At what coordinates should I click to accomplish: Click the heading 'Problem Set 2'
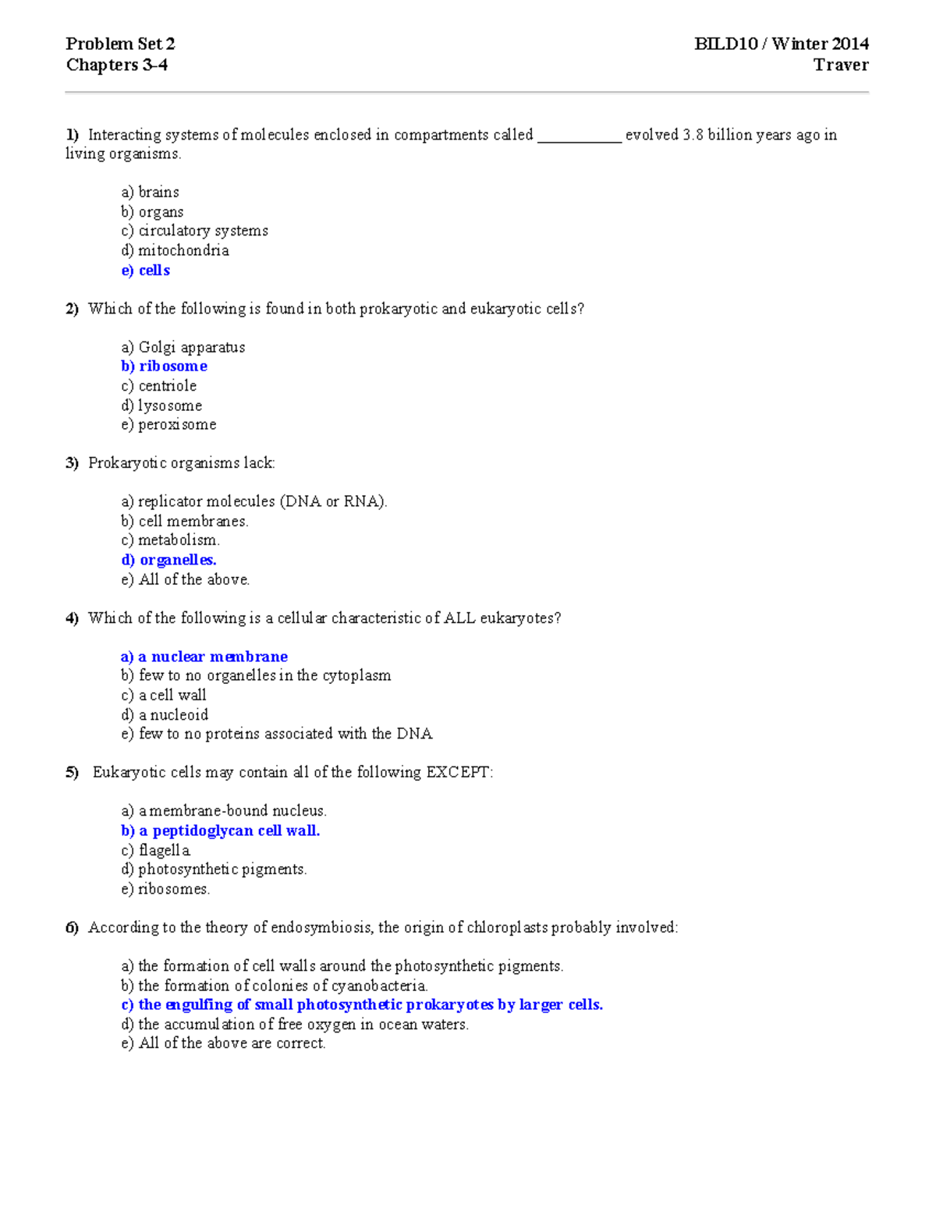point(120,44)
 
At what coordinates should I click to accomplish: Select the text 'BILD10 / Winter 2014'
point(781,44)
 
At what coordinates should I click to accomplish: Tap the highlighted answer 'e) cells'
point(146,271)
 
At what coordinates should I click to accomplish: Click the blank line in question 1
point(579,137)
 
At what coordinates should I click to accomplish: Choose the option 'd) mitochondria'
point(175,250)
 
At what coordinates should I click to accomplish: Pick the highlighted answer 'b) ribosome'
point(165,366)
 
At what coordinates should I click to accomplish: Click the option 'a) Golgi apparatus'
point(183,347)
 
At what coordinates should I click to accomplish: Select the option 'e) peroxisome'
point(169,425)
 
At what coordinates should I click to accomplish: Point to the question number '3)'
point(73,463)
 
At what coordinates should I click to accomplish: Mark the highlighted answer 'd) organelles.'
point(169,560)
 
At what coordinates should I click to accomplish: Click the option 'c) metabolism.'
point(171,540)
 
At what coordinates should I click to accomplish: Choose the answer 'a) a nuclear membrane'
point(204,657)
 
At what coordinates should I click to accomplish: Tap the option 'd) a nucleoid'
point(165,715)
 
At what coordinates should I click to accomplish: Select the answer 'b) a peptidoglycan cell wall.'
point(221,830)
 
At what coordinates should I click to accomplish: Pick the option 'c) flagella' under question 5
point(156,850)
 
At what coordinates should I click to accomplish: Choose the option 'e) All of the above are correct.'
point(224,1043)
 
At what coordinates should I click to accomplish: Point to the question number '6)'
point(73,927)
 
